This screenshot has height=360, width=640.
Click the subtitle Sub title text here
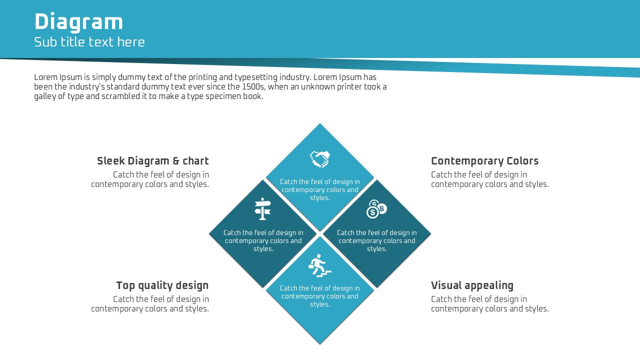tap(89, 42)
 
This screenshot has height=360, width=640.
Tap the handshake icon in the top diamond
tap(320, 159)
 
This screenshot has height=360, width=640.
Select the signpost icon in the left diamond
tap(263, 209)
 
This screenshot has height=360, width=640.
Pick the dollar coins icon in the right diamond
tap(376, 209)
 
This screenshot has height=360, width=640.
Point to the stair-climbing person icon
tap(319, 265)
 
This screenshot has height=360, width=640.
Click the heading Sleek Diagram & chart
tap(153, 161)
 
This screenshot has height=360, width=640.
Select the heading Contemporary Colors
tap(485, 161)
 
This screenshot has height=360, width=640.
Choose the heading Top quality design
tap(162, 285)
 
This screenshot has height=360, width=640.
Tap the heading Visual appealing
tap(472, 285)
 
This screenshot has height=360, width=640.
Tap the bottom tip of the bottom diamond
tap(320, 344)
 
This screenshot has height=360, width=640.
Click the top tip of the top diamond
tap(320, 123)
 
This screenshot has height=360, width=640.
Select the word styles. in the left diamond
tap(263, 249)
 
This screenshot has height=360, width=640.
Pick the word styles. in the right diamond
tap(377, 249)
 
